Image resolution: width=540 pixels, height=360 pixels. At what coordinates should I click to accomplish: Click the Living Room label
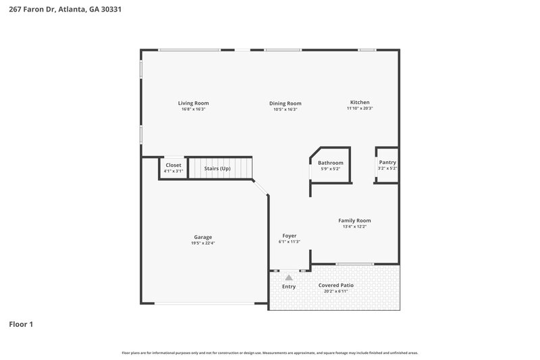pos(193,103)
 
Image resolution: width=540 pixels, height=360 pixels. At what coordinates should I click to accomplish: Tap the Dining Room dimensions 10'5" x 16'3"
pos(285,109)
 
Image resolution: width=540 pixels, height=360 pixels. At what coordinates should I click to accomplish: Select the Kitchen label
pos(360,103)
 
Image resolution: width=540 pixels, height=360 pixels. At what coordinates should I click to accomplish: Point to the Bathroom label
pos(331,163)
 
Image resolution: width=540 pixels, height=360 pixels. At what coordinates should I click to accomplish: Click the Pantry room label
pos(387,162)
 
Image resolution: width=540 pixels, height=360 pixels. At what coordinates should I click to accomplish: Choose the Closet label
pos(173,165)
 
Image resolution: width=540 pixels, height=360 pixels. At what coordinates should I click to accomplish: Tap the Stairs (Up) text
pos(217,168)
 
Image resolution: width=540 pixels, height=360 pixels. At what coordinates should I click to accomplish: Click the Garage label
pos(203,237)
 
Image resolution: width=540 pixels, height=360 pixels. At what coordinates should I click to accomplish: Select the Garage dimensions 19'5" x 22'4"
pos(203,243)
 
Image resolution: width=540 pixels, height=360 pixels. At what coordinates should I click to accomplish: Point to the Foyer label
pos(290,236)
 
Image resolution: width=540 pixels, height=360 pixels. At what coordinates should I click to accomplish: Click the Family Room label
pos(354,220)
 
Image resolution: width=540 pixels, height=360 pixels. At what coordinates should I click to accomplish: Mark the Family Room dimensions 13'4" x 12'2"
pos(354,227)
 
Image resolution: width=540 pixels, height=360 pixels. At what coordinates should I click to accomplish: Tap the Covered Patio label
pos(336,285)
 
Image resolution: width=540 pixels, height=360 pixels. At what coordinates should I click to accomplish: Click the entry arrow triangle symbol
pos(289,277)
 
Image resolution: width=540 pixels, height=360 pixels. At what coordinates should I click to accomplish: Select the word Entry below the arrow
pos(289,286)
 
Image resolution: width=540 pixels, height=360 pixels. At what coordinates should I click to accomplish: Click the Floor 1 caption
pos(21,324)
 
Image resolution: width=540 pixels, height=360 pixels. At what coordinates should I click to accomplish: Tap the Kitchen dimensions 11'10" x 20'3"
pos(360,109)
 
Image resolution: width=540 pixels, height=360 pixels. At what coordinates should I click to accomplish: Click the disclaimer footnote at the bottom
pos(270,353)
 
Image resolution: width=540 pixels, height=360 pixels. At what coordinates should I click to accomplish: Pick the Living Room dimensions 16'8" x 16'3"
pos(193,109)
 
